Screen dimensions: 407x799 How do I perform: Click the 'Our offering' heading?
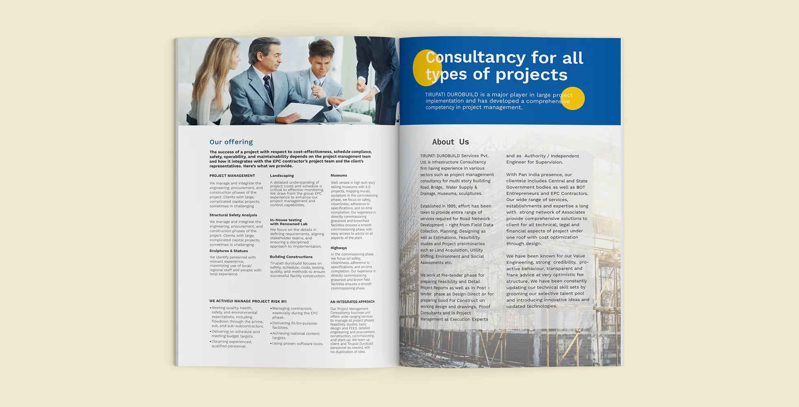231,142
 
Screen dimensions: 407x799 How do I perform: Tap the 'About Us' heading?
450,142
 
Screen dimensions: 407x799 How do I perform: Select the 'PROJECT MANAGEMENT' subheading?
232,176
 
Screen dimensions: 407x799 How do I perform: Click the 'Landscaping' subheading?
282,176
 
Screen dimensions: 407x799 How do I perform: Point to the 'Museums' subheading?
339,175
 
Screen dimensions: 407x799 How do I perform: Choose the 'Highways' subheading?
339,248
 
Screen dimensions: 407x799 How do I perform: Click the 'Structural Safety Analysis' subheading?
233,215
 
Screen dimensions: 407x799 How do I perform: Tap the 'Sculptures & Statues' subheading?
228,251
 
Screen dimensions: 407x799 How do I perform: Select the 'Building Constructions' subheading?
291,257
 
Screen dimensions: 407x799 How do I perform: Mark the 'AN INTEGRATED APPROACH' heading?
352,302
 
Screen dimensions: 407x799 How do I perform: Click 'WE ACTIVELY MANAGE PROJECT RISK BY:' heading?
248,302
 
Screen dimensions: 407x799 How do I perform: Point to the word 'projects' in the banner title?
531,75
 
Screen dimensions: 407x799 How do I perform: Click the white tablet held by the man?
298,111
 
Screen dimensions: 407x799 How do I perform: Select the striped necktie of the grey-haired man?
268,88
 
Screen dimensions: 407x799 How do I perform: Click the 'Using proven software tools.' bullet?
298,344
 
